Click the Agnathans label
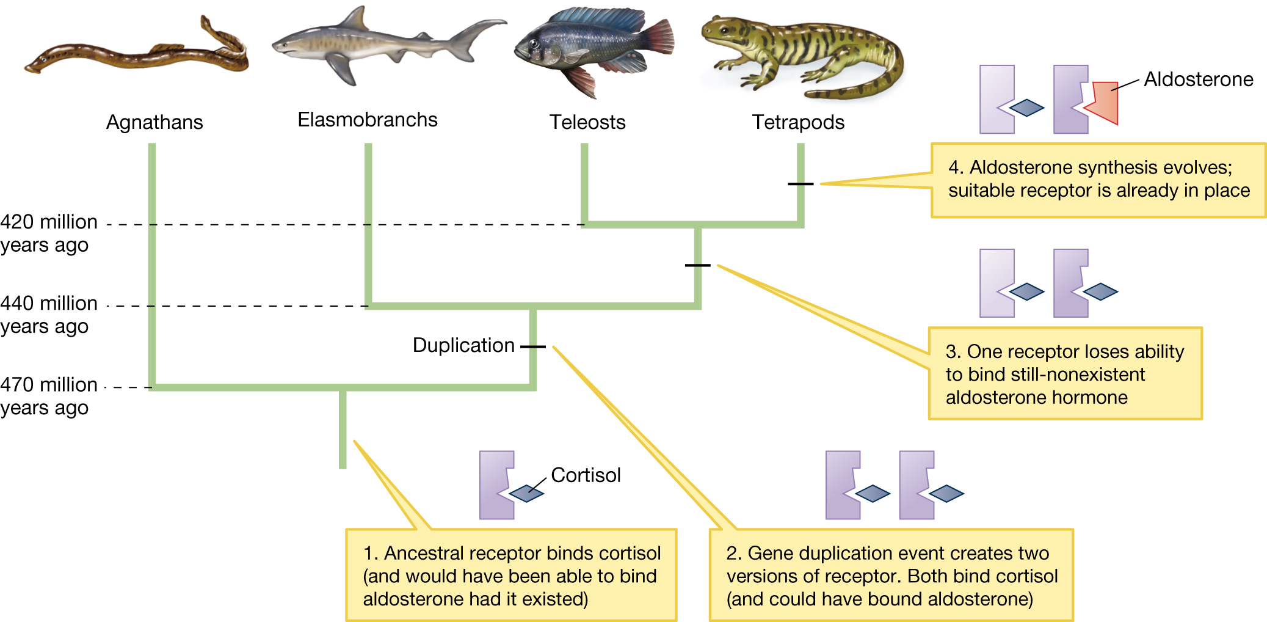pos(154,122)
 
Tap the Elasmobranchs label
pos(367,120)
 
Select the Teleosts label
pos(587,122)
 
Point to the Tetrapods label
pos(797,122)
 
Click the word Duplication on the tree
pos(463,345)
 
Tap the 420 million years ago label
pos(48,233)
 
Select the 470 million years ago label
pos(48,396)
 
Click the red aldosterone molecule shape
pos(1104,103)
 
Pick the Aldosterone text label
pos(1198,79)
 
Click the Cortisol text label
pos(586,475)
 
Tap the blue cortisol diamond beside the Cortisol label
pos(526,493)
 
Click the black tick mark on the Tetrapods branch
pos(800,184)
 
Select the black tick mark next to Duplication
pos(533,346)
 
